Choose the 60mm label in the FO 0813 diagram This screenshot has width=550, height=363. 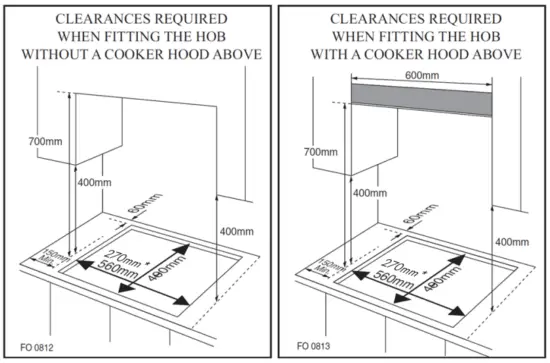click(408, 219)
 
